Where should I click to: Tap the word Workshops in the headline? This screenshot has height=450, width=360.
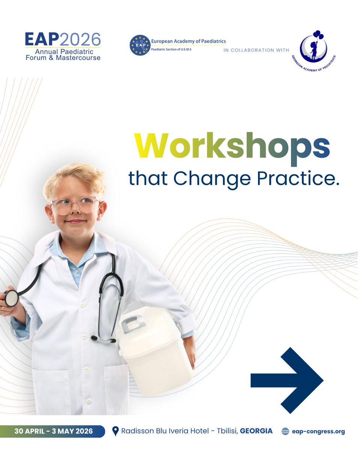click(232, 147)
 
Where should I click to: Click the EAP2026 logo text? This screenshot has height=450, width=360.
click(63, 39)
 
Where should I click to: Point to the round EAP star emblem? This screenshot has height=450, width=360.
click(139, 45)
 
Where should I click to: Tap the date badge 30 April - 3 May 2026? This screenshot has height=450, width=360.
click(53, 431)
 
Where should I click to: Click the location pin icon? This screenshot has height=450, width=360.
click(115, 432)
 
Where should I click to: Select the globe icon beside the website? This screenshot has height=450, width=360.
click(285, 432)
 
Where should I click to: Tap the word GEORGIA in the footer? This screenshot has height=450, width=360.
click(256, 431)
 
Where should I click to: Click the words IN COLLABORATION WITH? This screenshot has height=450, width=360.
click(256, 50)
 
